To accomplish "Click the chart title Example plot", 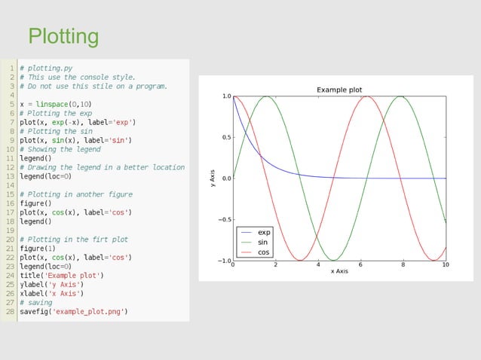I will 339,90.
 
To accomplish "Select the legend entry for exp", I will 264,233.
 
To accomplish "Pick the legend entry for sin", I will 262,243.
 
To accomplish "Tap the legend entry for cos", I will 263,252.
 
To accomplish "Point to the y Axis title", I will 214,178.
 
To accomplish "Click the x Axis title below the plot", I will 339,271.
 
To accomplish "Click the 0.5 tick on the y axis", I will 225,137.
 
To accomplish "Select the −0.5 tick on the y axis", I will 224,220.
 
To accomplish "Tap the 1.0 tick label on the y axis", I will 225,96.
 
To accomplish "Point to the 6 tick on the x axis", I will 360,265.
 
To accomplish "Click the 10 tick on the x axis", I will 445,265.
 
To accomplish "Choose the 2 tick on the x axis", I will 275,265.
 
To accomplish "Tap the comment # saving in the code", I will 36,302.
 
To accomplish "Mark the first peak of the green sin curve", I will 266,96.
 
